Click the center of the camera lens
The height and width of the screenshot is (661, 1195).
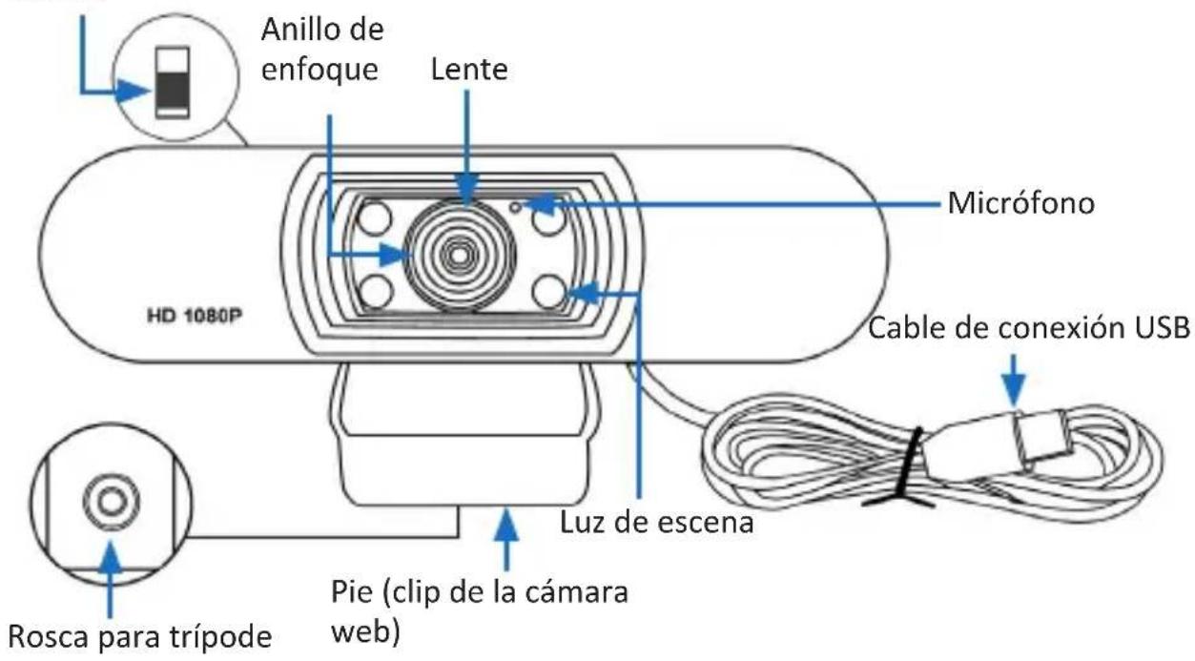tap(462, 256)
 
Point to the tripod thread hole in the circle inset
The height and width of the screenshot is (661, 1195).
tap(112, 500)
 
